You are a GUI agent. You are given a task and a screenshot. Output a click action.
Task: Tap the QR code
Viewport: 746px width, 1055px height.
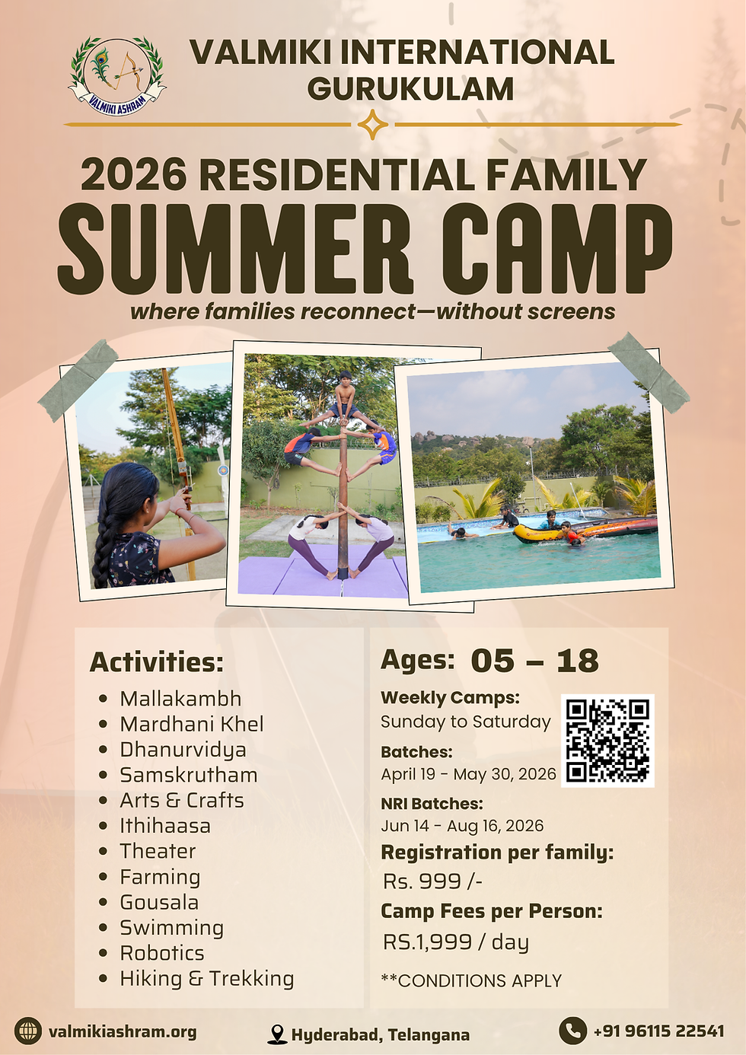click(607, 741)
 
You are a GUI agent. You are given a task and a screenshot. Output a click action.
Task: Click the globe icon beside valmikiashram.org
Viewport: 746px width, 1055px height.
click(28, 1031)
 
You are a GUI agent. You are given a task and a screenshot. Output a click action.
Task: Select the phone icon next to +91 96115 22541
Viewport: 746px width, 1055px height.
click(572, 1031)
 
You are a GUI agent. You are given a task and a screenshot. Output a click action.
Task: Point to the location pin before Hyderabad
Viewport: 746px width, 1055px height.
click(278, 1034)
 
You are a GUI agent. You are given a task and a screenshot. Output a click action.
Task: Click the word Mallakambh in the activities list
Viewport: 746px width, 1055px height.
click(180, 699)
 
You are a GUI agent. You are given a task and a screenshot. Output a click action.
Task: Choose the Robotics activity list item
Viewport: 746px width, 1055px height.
click(162, 953)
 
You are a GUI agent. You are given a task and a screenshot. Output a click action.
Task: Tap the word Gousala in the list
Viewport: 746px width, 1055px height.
click(159, 902)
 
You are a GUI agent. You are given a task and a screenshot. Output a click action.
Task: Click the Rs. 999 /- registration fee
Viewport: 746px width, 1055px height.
click(432, 881)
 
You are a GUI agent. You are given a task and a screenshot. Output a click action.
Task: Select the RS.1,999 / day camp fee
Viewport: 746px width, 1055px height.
click(456, 942)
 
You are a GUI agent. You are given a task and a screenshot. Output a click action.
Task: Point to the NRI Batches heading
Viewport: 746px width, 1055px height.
click(432, 804)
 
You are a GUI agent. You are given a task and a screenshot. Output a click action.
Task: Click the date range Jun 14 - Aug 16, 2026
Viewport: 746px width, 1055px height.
click(462, 826)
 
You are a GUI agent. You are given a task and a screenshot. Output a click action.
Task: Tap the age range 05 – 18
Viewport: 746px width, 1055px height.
click(534, 661)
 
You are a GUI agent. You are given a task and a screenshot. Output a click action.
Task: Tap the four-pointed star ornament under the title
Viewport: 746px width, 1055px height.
click(372, 124)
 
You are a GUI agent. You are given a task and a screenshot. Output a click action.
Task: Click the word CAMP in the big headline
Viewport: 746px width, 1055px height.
click(556, 249)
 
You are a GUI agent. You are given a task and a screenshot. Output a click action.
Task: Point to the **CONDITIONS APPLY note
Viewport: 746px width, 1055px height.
click(471, 981)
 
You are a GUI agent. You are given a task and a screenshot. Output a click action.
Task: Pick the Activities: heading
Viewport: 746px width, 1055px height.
click(157, 662)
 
